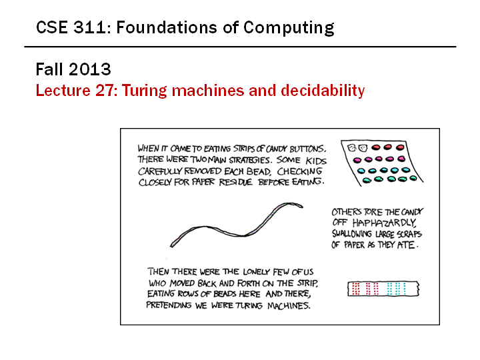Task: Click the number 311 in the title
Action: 89,27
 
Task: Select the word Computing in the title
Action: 289,28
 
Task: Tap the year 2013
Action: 90,69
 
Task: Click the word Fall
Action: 50,69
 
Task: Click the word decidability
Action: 323,91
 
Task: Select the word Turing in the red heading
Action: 145,91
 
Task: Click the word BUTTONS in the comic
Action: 307,149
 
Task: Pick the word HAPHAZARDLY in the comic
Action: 384,223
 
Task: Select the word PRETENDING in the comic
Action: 169,305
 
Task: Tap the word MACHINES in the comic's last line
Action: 289,305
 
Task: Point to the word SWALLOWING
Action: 352,234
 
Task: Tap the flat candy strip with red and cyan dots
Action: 383,289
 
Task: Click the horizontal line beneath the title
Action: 240,47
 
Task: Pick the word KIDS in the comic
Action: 316,161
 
